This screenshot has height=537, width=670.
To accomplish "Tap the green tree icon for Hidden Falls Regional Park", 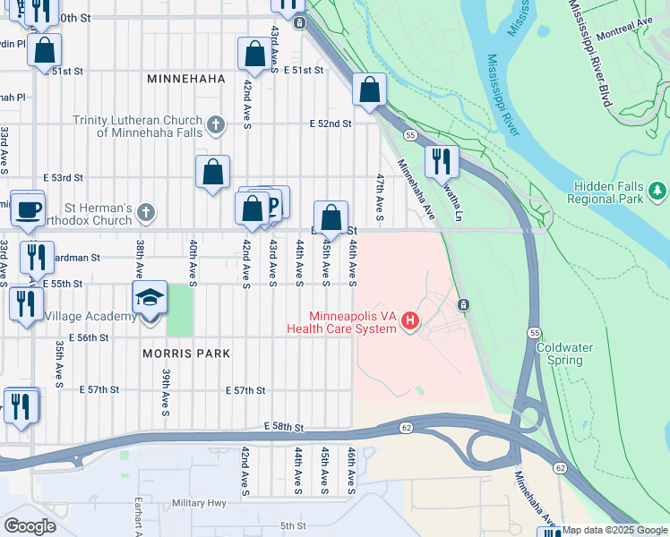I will [x=658, y=190].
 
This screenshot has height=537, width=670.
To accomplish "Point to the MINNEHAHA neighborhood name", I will [x=185, y=79].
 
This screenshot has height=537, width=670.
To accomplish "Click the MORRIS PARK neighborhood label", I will [x=185, y=354].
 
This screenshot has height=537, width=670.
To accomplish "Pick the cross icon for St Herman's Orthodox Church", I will [x=146, y=213].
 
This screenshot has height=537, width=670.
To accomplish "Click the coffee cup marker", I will [x=27, y=209].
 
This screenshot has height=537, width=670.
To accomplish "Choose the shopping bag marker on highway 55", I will [x=369, y=89].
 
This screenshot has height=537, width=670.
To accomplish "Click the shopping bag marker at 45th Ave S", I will [x=331, y=217].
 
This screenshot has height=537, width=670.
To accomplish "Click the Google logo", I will [x=29, y=525].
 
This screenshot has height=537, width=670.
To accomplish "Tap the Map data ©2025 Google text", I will [x=615, y=530].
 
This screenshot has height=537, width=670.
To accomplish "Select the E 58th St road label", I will [x=285, y=430].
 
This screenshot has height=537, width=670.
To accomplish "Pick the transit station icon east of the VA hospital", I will [x=464, y=305].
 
